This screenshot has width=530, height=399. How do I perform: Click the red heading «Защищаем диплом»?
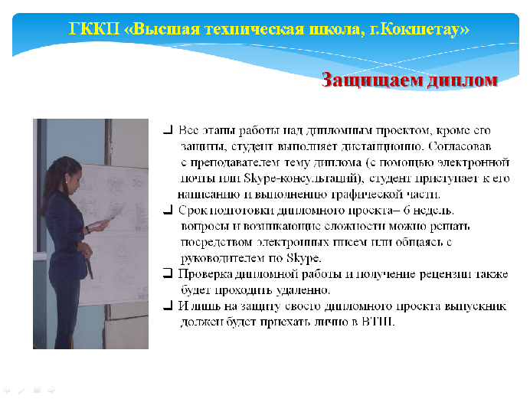pyautogui.click(x=409, y=80)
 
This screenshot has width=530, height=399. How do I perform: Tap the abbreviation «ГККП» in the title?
pyautogui.click(x=94, y=28)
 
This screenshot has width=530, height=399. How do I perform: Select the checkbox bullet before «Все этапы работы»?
pyautogui.click(x=168, y=129)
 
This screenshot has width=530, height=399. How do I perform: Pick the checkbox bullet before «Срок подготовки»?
pyautogui.click(x=168, y=210)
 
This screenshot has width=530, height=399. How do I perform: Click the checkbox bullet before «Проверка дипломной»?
pyautogui.click(x=168, y=273)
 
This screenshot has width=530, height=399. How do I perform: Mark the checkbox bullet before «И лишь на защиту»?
pyautogui.click(x=168, y=306)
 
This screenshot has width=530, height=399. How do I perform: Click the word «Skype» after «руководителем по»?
pyautogui.click(x=303, y=258)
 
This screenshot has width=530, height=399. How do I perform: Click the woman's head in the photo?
pyautogui.click(x=65, y=174)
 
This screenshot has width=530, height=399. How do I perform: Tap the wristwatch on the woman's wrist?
pyautogui.click(x=88, y=230)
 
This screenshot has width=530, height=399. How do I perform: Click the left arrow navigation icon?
pyautogui.click(x=7, y=391)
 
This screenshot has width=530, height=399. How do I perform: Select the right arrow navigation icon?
pyautogui.click(x=51, y=391)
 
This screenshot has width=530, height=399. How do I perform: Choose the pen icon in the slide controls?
pyautogui.click(x=21, y=391)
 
